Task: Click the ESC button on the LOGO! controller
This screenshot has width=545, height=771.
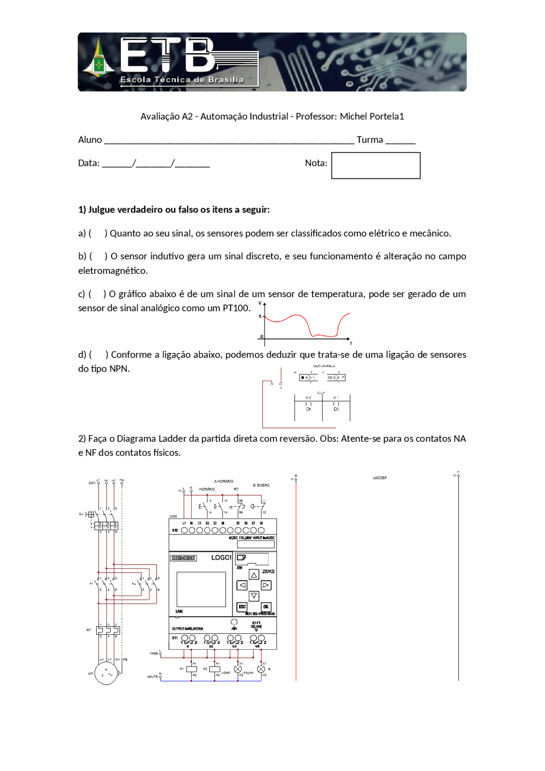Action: click(x=242, y=607)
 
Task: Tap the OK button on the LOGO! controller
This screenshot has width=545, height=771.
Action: click(x=266, y=607)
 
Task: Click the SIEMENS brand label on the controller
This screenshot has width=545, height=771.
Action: click(x=183, y=558)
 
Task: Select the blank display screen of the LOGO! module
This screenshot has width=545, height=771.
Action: click(x=201, y=589)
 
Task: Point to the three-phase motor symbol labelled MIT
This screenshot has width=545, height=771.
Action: click(x=106, y=674)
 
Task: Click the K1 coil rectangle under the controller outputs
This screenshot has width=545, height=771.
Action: click(x=192, y=669)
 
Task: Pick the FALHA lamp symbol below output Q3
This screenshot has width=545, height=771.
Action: click(x=238, y=669)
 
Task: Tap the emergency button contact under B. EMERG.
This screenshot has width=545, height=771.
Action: click(x=258, y=507)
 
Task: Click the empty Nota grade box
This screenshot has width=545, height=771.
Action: click(x=376, y=166)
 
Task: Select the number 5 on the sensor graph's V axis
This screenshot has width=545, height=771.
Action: click(x=260, y=316)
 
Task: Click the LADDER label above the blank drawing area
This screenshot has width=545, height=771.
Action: click(x=379, y=478)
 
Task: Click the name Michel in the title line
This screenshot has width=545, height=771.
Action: click(x=353, y=116)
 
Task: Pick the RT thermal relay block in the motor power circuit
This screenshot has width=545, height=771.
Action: click(x=108, y=630)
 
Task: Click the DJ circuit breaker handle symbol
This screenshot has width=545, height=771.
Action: click(x=89, y=514)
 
